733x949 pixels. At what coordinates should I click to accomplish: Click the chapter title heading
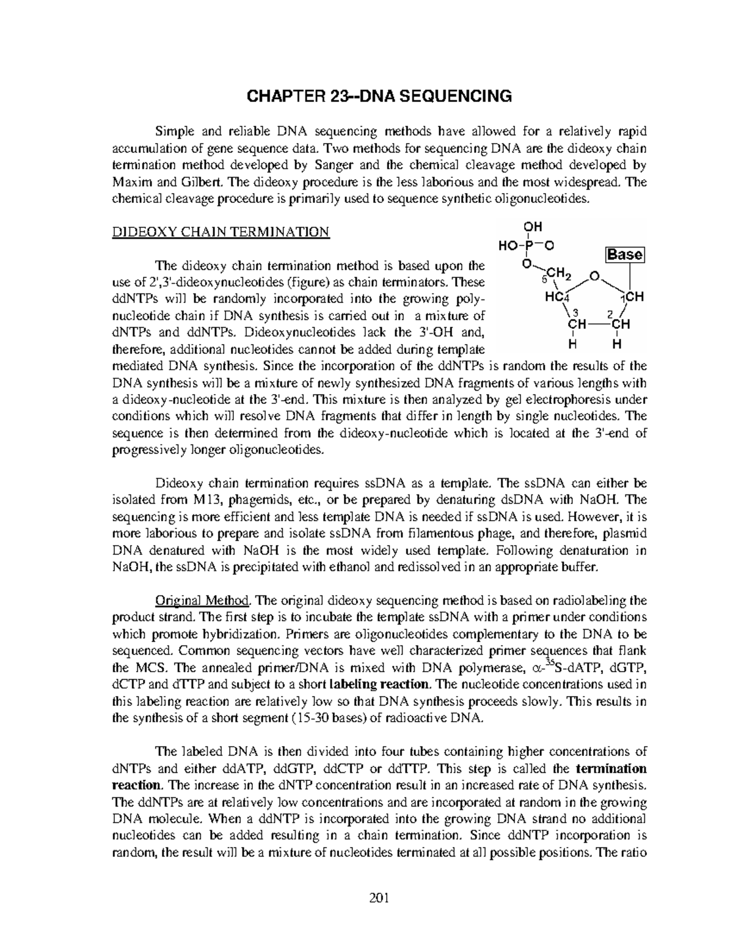pyautogui.click(x=377, y=96)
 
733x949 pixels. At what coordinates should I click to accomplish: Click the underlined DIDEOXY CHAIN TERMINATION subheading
pyautogui.click(x=221, y=232)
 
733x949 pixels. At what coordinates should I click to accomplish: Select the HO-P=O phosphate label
pyautogui.click(x=527, y=246)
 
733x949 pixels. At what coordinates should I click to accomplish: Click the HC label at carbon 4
pyautogui.click(x=555, y=297)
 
